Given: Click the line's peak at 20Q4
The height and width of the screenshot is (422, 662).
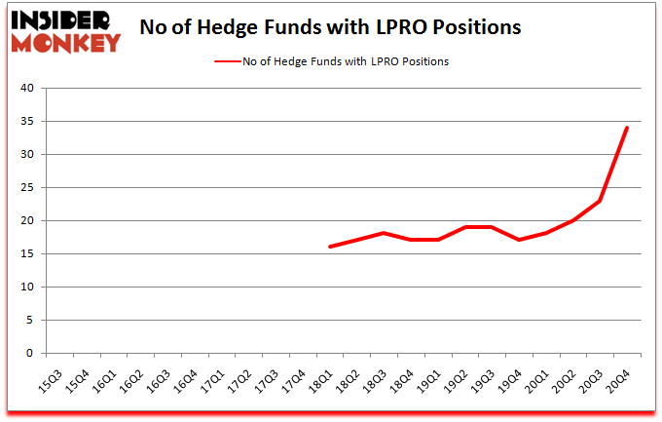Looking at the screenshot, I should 627,128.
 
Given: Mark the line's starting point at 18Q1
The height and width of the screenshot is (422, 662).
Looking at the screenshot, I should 330,247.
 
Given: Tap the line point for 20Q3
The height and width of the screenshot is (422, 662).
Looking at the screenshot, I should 601,201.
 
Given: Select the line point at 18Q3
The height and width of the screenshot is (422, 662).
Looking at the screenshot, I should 385,233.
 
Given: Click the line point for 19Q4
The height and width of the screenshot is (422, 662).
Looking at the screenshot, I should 520,240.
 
